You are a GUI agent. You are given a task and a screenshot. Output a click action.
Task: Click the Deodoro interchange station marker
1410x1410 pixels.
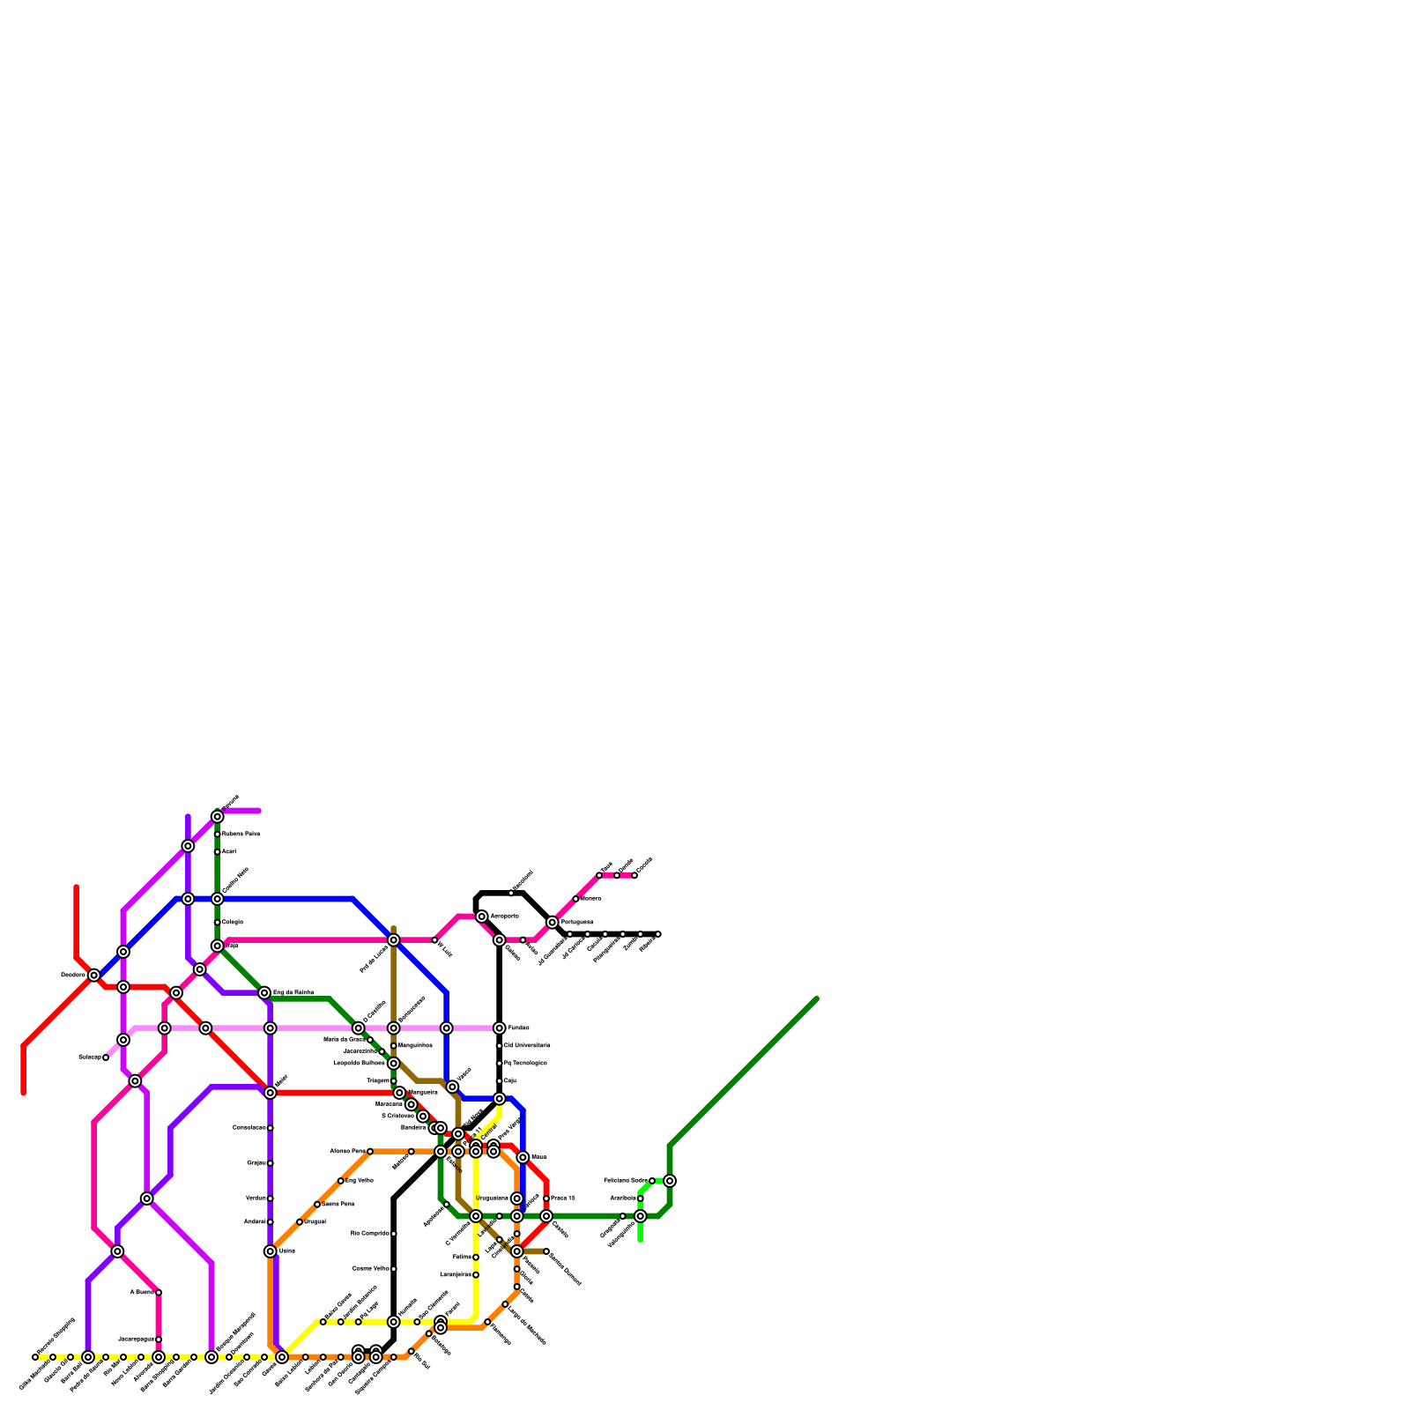coord(93,975)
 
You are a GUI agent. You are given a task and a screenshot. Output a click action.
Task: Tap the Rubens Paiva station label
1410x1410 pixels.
coord(241,834)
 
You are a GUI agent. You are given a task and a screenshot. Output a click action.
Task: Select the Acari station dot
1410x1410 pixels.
coord(217,851)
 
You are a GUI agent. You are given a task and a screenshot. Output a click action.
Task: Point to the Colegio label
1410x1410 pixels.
coord(233,922)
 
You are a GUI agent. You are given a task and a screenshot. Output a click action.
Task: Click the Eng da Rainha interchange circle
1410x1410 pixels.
coord(264,993)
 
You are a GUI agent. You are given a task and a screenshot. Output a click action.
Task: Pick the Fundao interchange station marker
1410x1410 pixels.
coord(499,1028)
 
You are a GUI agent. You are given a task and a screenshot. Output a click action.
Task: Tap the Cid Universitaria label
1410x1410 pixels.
coord(527,1046)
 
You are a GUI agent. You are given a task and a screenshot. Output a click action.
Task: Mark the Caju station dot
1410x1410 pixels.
coord(499,1081)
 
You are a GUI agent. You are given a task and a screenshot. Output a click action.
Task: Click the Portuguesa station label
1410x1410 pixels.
coord(576,922)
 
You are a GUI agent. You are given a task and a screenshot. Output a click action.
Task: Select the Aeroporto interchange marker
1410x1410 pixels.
coord(481,916)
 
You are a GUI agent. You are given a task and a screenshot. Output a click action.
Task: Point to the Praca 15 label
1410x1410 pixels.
coord(563,1198)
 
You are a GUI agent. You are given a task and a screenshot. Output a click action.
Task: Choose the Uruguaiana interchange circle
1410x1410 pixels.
coord(516,1198)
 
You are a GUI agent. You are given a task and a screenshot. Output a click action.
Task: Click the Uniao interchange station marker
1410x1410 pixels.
coord(270,1251)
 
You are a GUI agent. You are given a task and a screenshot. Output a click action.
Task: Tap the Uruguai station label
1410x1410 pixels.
coord(315,1221)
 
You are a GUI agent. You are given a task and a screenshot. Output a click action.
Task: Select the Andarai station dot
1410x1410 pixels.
coord(270,1221)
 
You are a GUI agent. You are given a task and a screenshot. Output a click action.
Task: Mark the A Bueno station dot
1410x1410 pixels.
coord(159,1292)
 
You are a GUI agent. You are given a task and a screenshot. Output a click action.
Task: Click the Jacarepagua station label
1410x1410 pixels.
coord(136,1339)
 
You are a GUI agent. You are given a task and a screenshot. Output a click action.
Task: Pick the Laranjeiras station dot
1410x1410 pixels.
coord(476,1274)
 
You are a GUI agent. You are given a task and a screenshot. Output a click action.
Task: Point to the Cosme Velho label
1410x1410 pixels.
coord(371,1269)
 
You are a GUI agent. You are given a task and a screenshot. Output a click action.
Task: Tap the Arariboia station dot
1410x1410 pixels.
coord(641,1198)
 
